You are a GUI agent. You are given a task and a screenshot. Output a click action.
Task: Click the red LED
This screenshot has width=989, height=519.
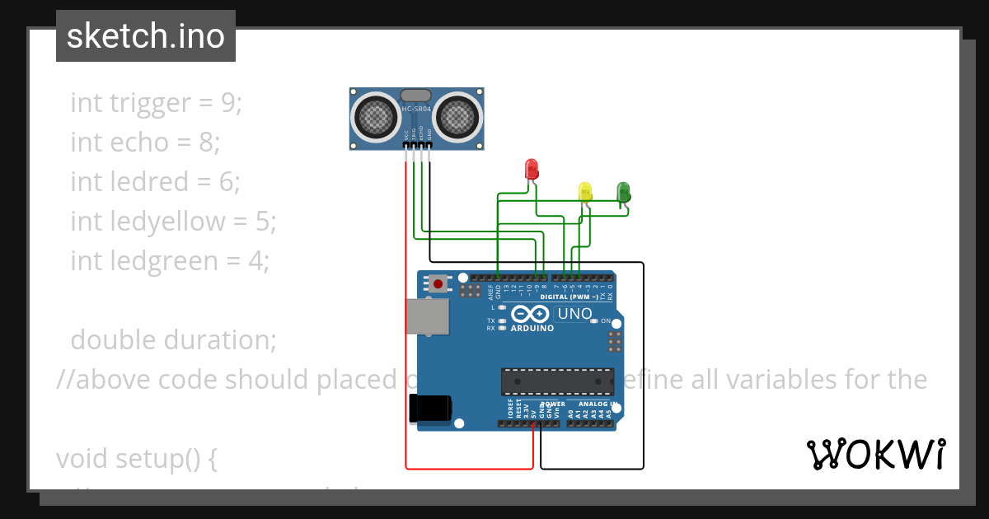click(532, 169)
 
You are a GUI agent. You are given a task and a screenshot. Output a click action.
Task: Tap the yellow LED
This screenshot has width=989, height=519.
click(585, 192)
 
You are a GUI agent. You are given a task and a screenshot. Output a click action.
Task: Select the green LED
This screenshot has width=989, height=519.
click(624, 192)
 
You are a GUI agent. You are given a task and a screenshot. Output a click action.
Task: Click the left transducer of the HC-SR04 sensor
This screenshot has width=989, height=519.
click(378, 117)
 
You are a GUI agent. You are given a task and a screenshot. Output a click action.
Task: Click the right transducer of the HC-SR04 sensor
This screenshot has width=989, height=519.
click(456, 117)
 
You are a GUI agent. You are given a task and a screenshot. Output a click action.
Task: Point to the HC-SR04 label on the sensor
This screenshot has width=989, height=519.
click(416, 109)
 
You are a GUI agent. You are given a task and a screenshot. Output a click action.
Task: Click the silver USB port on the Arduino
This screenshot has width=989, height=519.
click(428, 316)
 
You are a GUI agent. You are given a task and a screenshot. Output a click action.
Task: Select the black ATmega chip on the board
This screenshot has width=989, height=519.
click(558, 381)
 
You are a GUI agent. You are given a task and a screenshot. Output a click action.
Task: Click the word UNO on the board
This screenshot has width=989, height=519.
click(574, 314)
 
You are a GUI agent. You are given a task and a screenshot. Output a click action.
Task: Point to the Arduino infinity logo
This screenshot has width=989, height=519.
click(531, 315)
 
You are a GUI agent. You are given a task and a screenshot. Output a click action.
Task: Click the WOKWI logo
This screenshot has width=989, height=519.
click(875, 454)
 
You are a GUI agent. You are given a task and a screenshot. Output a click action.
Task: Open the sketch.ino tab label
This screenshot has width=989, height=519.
click(146, 36)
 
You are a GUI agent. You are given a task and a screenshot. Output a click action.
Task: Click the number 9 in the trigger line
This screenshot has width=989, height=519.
click(227, 103)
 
